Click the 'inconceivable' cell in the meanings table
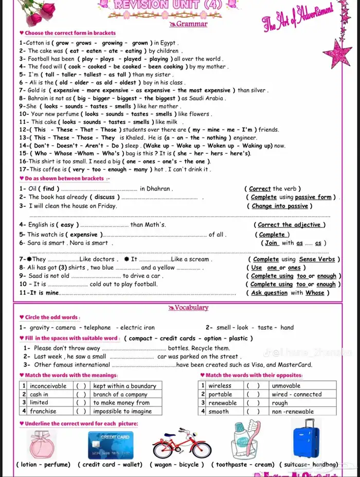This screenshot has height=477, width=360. tap(48, 386)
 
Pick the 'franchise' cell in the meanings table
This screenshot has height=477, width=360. tap(43, 411)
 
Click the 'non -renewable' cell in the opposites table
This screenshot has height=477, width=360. tap(293, 412)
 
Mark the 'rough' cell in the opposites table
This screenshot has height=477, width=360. tap(280, 403)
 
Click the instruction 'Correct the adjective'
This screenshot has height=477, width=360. tap(289, 225)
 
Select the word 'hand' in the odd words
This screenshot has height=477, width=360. tap(287, 327)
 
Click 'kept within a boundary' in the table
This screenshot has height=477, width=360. tap(124, 386)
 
